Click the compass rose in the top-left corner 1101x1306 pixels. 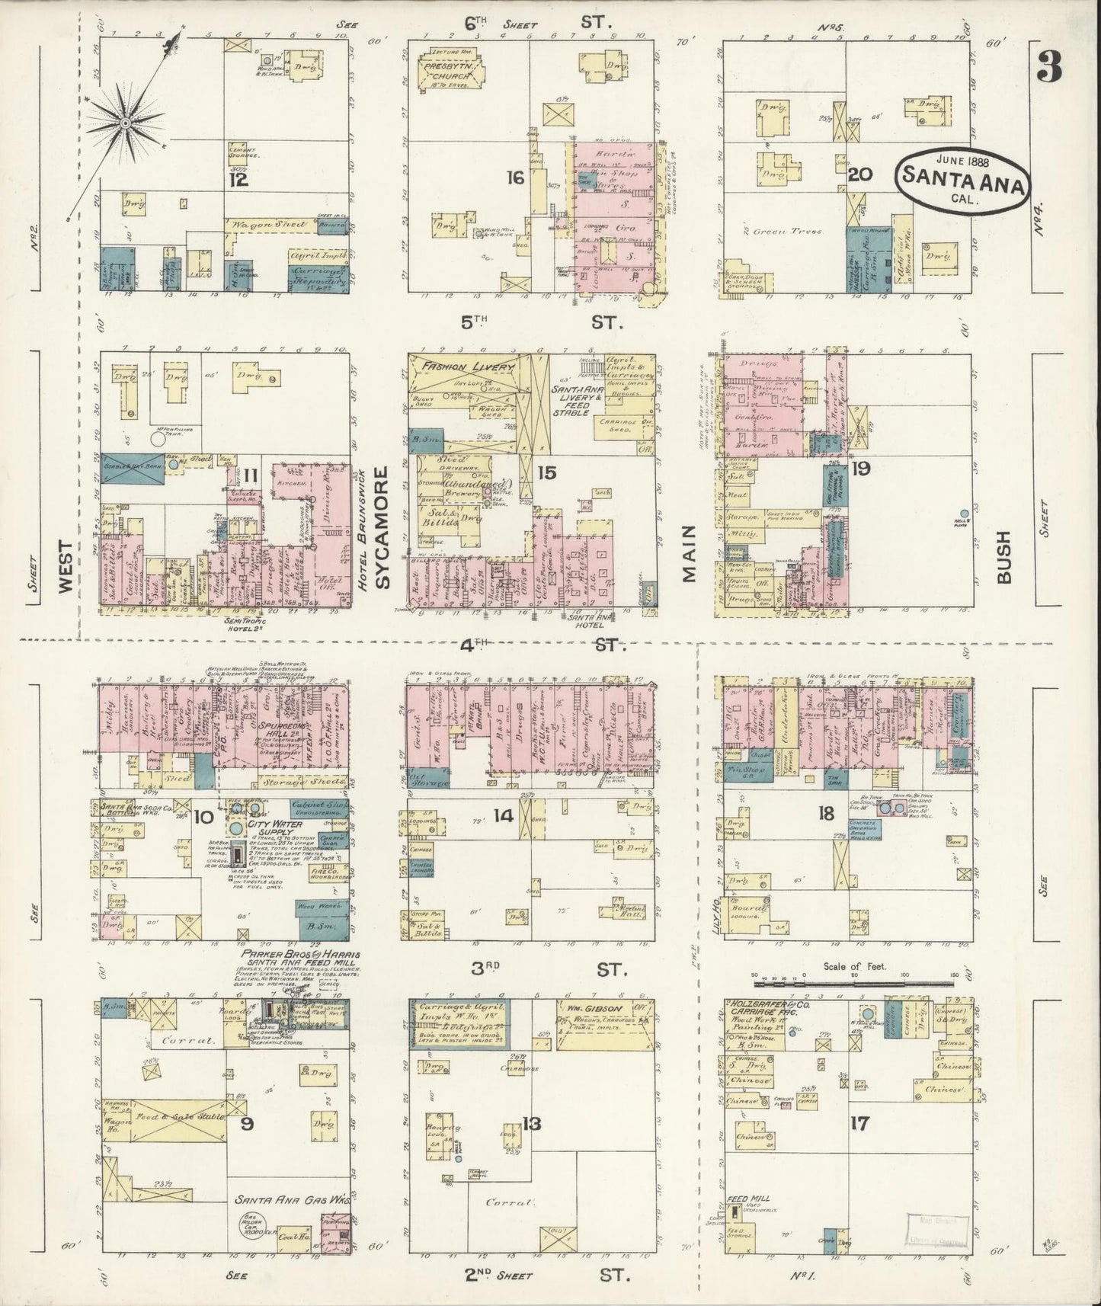[123, 122]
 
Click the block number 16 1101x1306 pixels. [516, 178]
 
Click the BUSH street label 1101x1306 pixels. [1003, 557]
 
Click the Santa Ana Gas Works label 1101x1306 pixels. [293, 1199]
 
